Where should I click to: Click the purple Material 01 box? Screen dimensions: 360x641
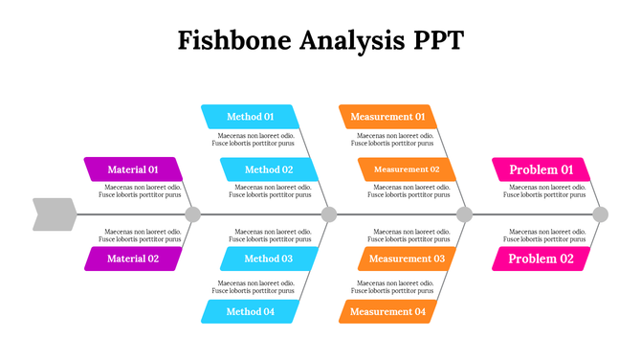click(132, 169)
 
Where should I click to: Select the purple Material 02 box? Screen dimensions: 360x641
click(132, 259)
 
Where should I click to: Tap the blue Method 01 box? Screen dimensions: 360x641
click(250, 117)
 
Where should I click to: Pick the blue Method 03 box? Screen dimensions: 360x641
click(268, 259)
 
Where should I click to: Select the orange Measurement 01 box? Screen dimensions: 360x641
click(387, 117)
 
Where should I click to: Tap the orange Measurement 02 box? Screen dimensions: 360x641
click(407, 169)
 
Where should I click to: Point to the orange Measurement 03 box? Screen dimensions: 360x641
click(407, 259)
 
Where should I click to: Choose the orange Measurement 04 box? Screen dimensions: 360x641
click(387, 311)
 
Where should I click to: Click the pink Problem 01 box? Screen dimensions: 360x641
click(541, 169)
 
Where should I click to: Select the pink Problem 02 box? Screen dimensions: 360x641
click(541, 259)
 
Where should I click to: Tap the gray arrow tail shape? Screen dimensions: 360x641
click(54, 214)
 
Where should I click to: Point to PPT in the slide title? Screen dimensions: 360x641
click(437, 40)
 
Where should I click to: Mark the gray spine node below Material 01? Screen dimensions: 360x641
click(192, 214)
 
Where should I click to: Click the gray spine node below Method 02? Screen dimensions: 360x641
click(329, 214)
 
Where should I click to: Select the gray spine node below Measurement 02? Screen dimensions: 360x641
click(465, 214)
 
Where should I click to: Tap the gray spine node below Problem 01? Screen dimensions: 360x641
click(600, 214)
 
